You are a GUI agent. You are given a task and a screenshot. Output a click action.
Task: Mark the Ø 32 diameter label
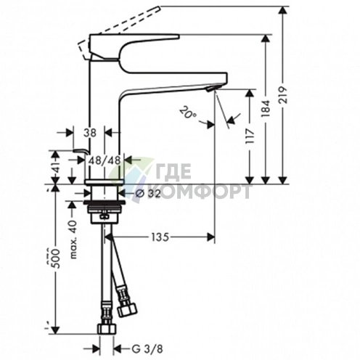[150, 193]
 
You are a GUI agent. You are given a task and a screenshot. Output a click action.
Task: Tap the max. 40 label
[72, 232]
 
